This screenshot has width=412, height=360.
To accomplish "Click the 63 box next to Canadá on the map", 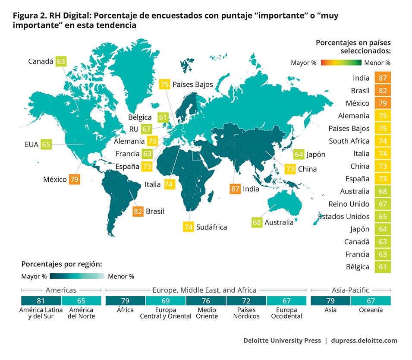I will click(61, 61).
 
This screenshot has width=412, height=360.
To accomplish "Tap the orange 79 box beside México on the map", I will click(74, 179).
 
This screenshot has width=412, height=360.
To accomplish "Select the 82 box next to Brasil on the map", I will click(138, 212).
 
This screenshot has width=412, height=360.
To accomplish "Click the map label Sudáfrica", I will click(211, 227).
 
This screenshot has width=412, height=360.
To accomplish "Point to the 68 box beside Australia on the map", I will click(257, 222).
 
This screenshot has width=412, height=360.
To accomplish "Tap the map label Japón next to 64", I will click(316, 154).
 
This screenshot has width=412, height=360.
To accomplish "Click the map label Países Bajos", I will click(192, 84).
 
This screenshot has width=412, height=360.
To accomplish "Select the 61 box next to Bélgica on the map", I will click(163, 117).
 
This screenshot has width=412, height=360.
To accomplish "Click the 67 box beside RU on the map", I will click(147, 129).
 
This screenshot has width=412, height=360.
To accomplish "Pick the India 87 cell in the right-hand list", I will click(383, 78).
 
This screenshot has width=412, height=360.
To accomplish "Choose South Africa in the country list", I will click(349, 141).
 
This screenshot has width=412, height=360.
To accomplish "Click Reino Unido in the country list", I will click(349, 204).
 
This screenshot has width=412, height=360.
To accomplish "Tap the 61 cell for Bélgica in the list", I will click(383, 267).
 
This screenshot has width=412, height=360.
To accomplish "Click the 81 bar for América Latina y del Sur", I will click(41, 301).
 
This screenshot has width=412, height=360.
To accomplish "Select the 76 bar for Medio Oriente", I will click(206, 301).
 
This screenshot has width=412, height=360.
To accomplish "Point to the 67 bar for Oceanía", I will click(371, 301).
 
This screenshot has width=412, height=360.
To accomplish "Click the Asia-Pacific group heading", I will click(351, 290).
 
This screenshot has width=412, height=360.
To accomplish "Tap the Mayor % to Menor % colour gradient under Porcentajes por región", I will click(77, 276).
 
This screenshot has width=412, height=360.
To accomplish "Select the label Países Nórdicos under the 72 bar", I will click(246, 313).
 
